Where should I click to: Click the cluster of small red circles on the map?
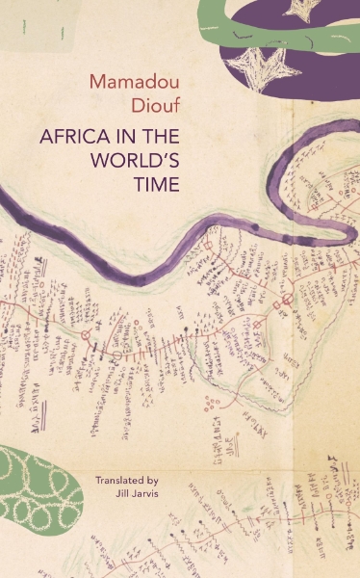211,401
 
